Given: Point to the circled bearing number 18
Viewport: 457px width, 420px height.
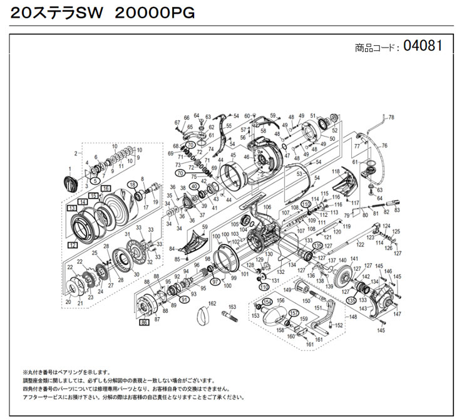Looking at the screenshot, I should coord(133,184).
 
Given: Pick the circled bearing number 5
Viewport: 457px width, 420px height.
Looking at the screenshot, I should coord(95,181).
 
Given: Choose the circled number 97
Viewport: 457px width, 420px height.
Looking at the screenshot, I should coord(215,282).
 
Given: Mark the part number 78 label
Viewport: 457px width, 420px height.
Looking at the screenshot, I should coord(392,117).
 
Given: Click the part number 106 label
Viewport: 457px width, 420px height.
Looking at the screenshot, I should coord(267,207).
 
